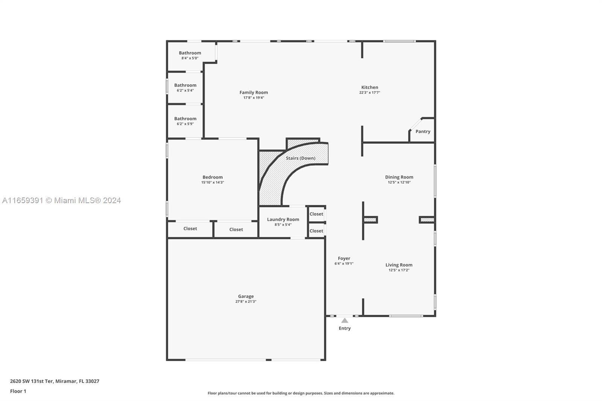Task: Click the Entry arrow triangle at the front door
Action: pyautogui.click(x=345, y=320)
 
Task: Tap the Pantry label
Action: pyautogui.click(x=423, y=131)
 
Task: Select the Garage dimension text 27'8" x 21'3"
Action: pyautogui.click(x=246, y=302)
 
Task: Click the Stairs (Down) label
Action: pyautogui.click(x=301, y=158)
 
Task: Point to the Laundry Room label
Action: pyautogui.click(x=283, y=219)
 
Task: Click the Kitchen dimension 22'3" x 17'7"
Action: pyautogui.click(x=369, y=93)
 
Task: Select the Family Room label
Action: pyautogui.click(x=254, y=93)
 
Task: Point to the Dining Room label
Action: pyautogui.click(x=399, y=177)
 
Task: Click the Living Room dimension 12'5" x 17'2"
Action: pyautogui.click(x=399, y=270)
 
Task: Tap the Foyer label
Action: pyautogui.click(x=344, y=258)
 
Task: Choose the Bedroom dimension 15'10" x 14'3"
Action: pyautogui.click(x=213, y=182)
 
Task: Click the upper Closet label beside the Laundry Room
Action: pyautogui.click(x=316, y=214)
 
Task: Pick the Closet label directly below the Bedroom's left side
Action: pyautogui.click(x=190, y=228)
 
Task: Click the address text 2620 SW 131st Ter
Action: pyautogui.click(x=32, y=381)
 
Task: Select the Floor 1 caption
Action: pyautogui.click(x=18, y=391)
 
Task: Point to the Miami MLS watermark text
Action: pyautogui.click(x=62, y=200)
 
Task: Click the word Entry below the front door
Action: pyautogui.click(x=345, y=328)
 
